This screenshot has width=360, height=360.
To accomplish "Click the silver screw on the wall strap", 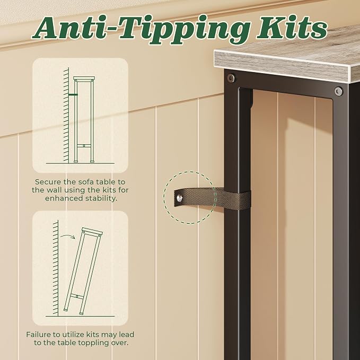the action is click(180, 198).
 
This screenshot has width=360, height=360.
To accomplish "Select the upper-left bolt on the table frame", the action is click(231, 78).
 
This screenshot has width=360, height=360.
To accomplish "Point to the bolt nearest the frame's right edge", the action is click(338, 91).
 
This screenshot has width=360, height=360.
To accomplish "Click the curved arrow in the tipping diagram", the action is click(67, 236).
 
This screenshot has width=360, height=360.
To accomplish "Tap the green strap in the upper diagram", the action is click(73, 94).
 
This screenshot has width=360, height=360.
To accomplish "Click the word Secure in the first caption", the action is click(48, 182).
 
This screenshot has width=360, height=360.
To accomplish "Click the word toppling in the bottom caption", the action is click(89, 343).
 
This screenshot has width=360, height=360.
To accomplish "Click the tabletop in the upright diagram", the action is click(84, 78).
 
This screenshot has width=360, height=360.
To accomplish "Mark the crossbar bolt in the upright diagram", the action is click(84, 146).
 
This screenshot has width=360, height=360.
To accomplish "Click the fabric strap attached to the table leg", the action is click(212, 198).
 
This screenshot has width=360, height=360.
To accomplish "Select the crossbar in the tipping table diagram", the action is click(77, 296).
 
